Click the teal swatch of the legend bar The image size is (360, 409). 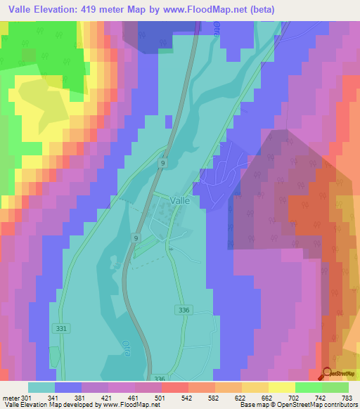(x=41, y=387)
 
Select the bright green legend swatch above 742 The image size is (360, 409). (x=309, y=387)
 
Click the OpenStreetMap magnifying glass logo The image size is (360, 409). (x=326, y=374)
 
